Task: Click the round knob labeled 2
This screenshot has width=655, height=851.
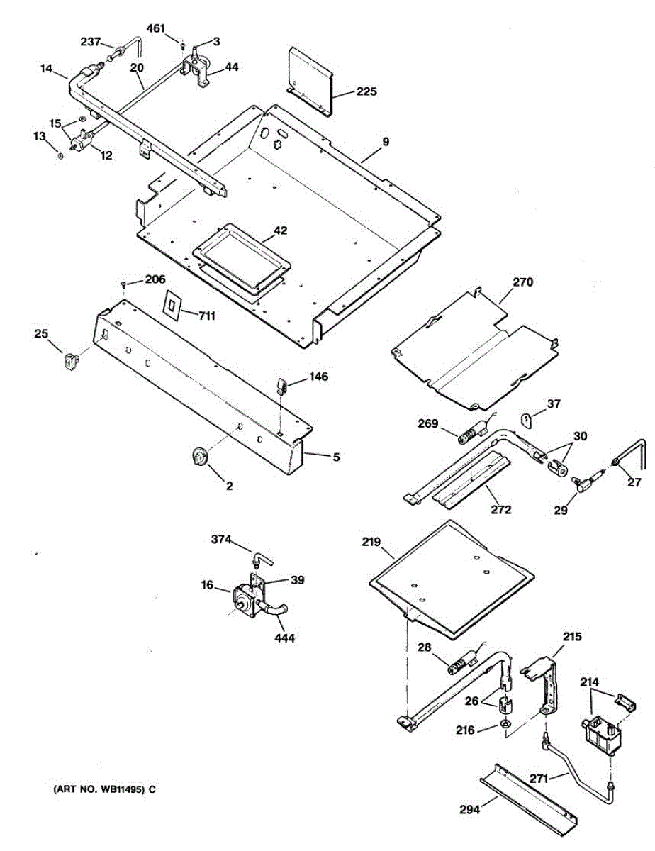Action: (200, 457)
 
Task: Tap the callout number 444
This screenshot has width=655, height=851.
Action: (284, 638)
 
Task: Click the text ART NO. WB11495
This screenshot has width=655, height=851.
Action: (99, 789)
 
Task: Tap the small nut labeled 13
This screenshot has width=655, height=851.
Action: (60, 155)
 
